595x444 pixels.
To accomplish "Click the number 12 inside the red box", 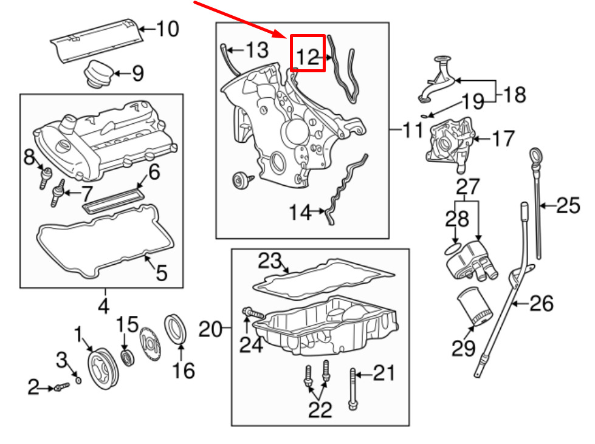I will pyautogui.click(x=308, y=56).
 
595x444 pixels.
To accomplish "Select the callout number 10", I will pyautogui.click(x=167, y=29).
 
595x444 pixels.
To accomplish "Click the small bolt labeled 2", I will pyautogui.click(x=59, y=386).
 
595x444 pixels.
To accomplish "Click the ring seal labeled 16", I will pyautogui.click(x=176, y=327).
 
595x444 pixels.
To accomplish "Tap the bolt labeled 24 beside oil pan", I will pyautogui.click(x=253, y=313).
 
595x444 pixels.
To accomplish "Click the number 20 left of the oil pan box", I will pyautogui.click(x=212, y=330).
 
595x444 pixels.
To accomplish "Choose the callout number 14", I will pyautogui.click(x=300, y=213).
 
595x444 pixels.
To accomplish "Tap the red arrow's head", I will pyautogui.click(x=284, y=36).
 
